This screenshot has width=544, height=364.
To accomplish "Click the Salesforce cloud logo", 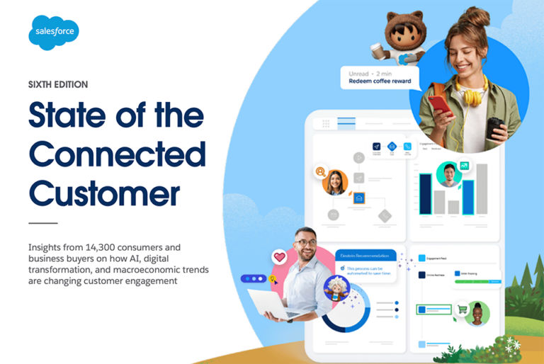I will (53, 33).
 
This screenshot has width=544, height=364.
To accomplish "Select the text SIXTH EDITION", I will (58, 84).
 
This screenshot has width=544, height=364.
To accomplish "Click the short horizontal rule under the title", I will (42, 222).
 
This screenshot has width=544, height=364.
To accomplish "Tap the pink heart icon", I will (279, 258).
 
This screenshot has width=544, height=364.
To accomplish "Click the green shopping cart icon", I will (463, 309).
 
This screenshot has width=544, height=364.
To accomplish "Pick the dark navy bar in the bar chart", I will (425, 193).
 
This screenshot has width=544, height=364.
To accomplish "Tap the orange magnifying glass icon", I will (321, 171).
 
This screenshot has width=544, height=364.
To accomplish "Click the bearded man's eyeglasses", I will (306, 243).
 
